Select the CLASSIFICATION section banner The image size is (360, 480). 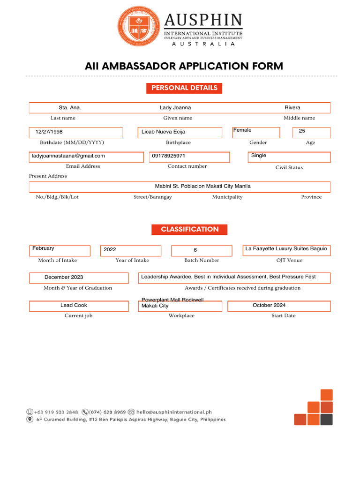click(189, 230)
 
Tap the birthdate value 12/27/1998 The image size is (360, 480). click(49, 132)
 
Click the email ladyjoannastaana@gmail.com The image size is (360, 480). click(68, 156)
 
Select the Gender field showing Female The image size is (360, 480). click(242, 130)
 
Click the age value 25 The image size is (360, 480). click(302, 131)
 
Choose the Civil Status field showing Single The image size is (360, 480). click(259, 156)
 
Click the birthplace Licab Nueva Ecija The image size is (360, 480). click(163, 132)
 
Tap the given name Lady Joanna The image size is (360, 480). click(175, 108)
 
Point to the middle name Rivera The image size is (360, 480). click(292, 108)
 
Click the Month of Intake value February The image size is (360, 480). click(43, 248)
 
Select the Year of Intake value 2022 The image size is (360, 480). click(110, 250)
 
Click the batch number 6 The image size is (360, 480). click(195, 250)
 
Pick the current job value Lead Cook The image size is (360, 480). click(74, 306)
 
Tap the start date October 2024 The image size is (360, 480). click(269, 306)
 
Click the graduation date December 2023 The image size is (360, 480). click(64, 277)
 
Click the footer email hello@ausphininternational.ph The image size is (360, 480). click(174, 412)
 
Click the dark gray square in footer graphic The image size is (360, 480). click(327, 420)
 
